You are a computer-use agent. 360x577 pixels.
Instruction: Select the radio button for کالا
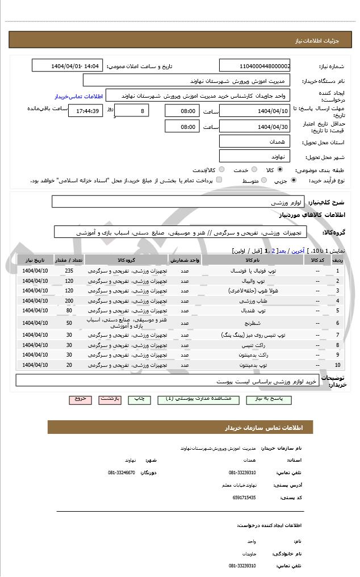pos(280,170)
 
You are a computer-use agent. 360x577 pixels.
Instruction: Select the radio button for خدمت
pos(254,170)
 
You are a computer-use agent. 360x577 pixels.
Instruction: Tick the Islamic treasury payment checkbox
pos(219,180)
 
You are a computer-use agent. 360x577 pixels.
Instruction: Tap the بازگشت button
pos(110,399)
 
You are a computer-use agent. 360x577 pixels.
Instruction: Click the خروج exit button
pos(80,399)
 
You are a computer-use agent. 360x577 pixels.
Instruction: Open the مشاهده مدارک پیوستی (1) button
pos(199,399)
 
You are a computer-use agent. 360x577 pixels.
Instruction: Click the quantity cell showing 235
pos(69,270)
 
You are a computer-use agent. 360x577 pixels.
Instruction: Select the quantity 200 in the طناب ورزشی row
pos(69,301)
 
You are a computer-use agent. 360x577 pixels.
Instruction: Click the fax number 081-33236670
pos(122,473)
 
